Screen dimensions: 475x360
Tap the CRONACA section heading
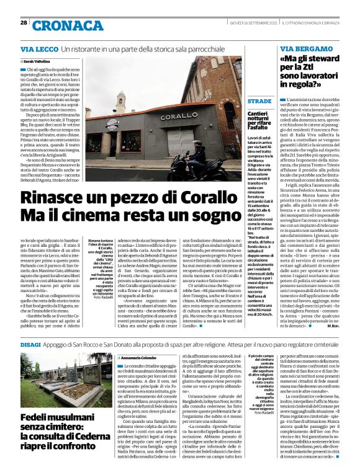click(60, 25)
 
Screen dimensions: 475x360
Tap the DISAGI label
click(30, 342)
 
